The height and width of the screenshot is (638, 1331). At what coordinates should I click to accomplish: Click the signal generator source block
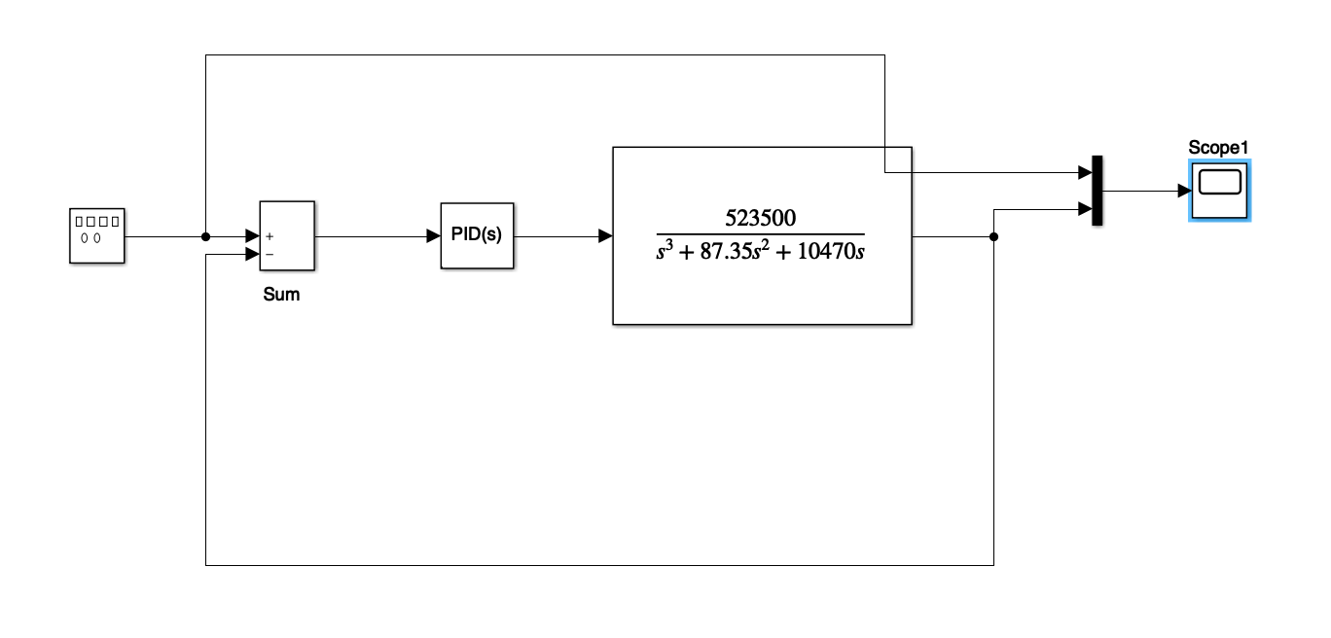[97, 235]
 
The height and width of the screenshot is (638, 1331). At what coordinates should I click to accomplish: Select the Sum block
[286, 235]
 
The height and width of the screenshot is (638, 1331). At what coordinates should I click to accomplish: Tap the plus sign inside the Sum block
[270, 235]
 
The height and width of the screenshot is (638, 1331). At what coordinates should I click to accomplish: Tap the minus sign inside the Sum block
[270, 254]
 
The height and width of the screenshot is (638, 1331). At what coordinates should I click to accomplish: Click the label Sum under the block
[281, 295]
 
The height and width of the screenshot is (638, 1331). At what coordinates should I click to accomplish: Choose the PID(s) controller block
[476, 235]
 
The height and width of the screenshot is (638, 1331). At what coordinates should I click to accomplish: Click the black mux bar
[1097, 191]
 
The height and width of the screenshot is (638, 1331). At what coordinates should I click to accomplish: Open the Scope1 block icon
[1218, 190]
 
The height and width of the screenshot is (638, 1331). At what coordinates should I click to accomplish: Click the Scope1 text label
[1217, 148]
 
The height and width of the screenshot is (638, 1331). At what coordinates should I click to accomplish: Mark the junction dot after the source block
[205, 236]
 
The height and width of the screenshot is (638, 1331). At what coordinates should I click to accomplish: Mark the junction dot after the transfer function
[993, 236]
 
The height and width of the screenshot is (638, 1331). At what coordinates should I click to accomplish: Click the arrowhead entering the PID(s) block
[434, 236]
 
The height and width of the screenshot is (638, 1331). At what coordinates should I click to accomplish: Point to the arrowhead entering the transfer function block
[605, 236]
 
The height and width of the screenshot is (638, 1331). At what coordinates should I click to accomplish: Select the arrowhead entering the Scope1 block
[1182, 191]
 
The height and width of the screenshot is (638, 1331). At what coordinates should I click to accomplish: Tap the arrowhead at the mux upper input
[1086, 173]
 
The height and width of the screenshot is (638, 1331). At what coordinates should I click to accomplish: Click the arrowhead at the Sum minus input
[252, 255]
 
